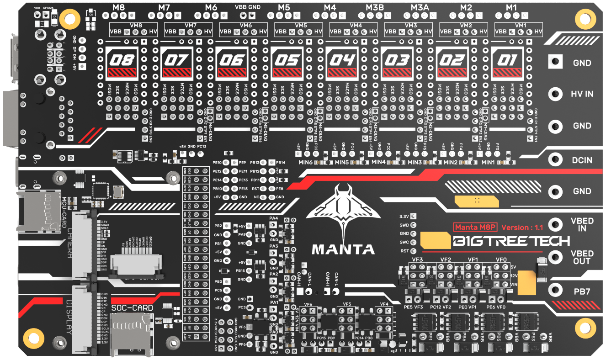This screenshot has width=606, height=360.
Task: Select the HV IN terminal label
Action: pos(582,94)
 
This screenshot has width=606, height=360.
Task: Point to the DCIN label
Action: pos(582,160)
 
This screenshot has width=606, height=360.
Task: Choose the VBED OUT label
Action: pos(582,257)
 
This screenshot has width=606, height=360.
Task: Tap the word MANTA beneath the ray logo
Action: pos(343,249)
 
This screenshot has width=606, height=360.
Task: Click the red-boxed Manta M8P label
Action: pos(474,227)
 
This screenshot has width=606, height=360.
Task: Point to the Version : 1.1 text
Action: pos(523,227)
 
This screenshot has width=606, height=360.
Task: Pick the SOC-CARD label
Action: pos(132,307)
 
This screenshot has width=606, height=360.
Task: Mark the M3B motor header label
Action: pos(374,8)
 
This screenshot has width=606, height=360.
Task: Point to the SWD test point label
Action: pos(404,225)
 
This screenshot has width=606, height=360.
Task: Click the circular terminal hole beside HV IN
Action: pos(555,94)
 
